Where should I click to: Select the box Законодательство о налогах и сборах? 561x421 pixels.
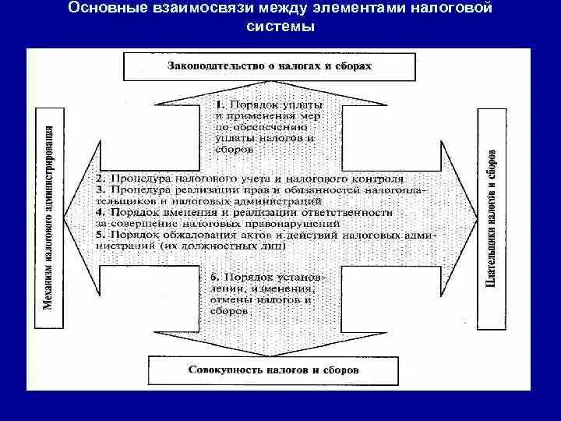tap(270, 66)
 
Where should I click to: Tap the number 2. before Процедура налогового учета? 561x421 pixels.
tap(100, 178)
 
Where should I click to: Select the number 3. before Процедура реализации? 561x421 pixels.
tap(100, 189)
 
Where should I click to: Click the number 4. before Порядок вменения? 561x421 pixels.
tap(100, 212)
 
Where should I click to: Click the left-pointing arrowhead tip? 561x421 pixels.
tap(68, 210)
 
